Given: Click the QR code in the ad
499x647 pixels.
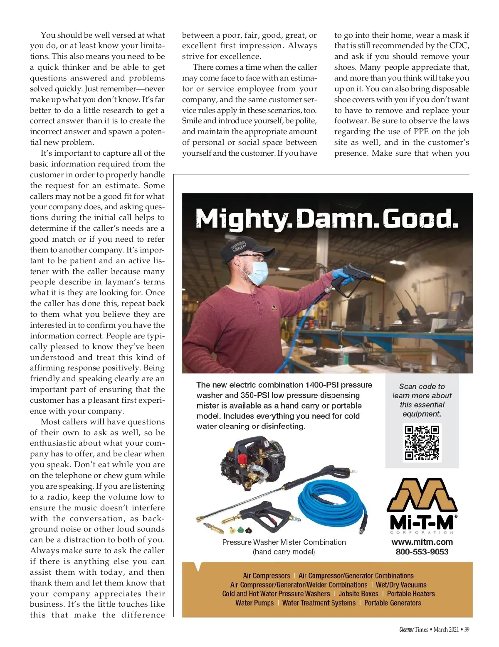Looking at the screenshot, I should coord(422,442).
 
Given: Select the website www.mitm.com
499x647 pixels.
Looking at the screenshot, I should coord(422,542).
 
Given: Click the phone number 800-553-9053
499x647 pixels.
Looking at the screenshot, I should coord(422,552).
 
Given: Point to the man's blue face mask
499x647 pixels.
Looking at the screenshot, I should coord(257,272).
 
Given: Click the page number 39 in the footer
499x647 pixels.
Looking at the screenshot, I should coord(467,630).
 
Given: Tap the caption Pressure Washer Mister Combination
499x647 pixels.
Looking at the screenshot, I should coord(284,542).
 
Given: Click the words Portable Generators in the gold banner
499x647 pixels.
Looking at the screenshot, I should coord(393,603).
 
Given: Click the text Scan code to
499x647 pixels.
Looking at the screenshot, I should coord(422,386).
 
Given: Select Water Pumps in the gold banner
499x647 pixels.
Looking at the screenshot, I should coord(254,603).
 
